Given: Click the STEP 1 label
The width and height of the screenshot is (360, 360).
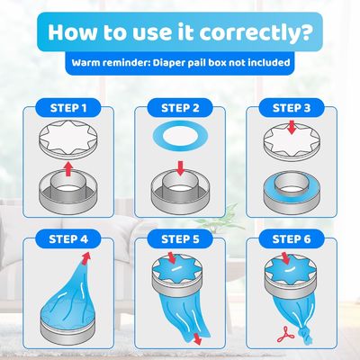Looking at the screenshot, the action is point(68,108).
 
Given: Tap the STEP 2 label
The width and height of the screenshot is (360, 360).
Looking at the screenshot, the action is point(180,108).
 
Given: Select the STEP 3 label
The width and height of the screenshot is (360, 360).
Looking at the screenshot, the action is point(292,108).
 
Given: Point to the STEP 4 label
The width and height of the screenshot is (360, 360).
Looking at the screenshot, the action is point(68,239).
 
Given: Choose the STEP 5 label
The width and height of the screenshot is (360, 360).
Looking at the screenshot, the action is point(180,239).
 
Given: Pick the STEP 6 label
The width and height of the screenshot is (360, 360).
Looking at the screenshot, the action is point(292,239).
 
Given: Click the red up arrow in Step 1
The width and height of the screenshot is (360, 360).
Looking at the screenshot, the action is point(68,169).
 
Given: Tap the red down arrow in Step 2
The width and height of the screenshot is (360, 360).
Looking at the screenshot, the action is point(180,168).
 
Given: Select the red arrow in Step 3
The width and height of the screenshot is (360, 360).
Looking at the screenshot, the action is point(292,128).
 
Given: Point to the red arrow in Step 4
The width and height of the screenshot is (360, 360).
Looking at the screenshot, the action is point(85,258).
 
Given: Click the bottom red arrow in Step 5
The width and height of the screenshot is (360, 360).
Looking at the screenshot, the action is point(197,338).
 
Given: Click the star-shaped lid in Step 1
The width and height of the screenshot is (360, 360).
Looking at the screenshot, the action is point(68,140).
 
